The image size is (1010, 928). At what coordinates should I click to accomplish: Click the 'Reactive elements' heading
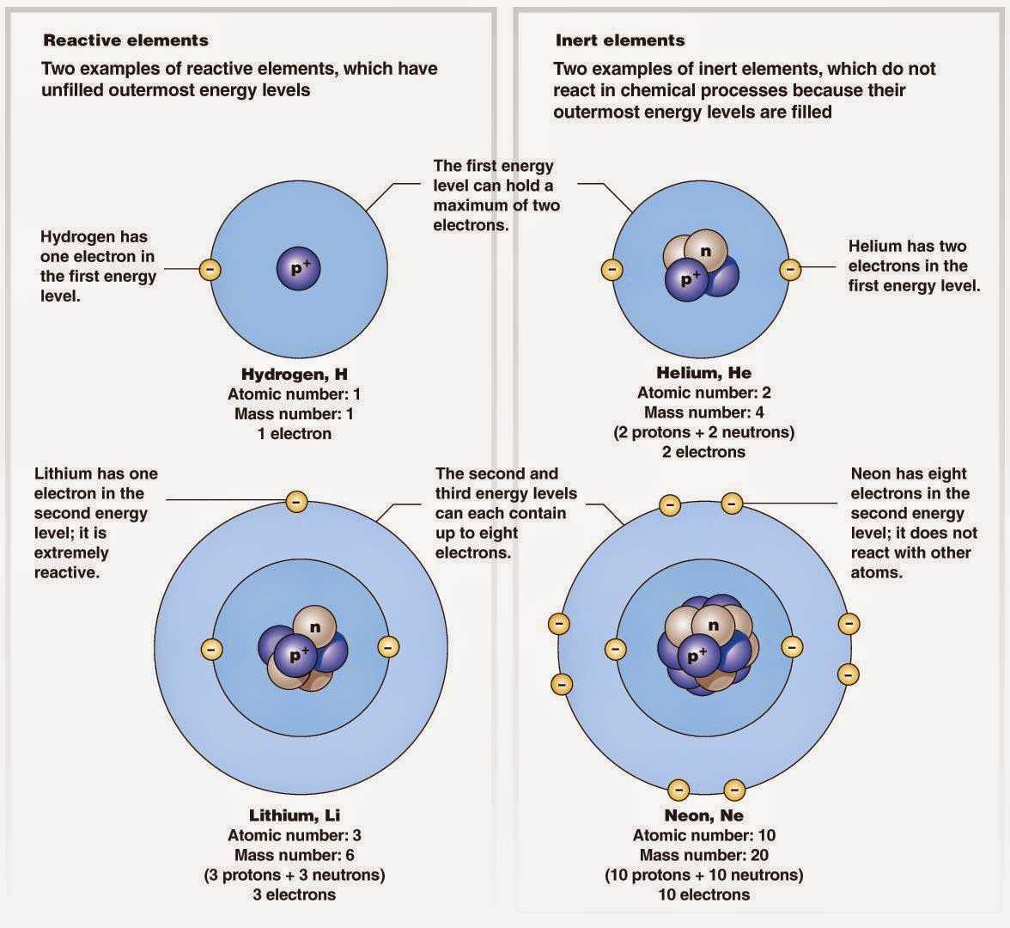click(125, 40)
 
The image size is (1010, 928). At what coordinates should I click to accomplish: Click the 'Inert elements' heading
click(619, 40)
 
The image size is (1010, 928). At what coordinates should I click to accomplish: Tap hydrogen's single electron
click(210, 270)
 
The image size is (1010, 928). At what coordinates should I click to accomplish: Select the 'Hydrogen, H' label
click(294, 375)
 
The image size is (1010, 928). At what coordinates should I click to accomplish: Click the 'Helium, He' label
click(703, 373)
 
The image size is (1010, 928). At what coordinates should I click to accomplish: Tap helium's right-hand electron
click(789, 270)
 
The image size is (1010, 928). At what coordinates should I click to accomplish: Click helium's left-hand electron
click(611, 270)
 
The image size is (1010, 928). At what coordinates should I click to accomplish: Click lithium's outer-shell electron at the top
click(296, 501)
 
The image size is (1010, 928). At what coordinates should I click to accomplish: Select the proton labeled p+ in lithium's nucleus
click(298, 656)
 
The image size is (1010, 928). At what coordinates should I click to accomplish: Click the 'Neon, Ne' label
click(703, 815)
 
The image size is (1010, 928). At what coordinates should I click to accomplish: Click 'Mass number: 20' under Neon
click(703, 855)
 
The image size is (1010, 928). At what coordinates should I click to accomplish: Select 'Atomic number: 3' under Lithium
click(294, 835)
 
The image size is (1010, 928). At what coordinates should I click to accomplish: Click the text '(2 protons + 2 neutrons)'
click(703, 432)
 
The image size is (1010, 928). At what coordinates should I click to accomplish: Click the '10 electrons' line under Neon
click(703, 894)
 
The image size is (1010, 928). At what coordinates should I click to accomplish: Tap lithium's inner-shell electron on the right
click(386, 646)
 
